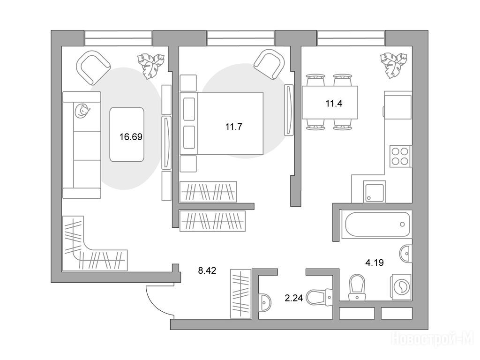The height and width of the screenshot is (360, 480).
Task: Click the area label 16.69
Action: point(131,136)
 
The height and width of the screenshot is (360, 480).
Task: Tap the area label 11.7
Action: point(233,127)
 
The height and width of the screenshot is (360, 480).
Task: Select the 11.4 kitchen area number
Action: point(334,104)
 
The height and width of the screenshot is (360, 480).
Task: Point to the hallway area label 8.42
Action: point(207,270)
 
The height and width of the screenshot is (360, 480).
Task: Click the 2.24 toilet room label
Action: point(293,298)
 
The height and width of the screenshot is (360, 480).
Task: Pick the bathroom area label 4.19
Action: point(375,262)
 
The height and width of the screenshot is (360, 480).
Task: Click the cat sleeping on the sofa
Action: point(82,110)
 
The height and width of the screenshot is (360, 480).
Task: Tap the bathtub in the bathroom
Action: point(377,224)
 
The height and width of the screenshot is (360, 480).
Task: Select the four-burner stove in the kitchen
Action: point(400,156)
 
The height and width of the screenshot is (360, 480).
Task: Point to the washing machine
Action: point(401,287)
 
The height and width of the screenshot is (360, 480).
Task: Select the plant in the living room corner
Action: point(150,66)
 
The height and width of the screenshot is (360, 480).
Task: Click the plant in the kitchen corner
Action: point(394,65)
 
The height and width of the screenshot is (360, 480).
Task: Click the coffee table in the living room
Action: point(127,135)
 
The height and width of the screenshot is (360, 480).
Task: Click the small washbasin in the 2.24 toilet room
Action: point(264,302)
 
